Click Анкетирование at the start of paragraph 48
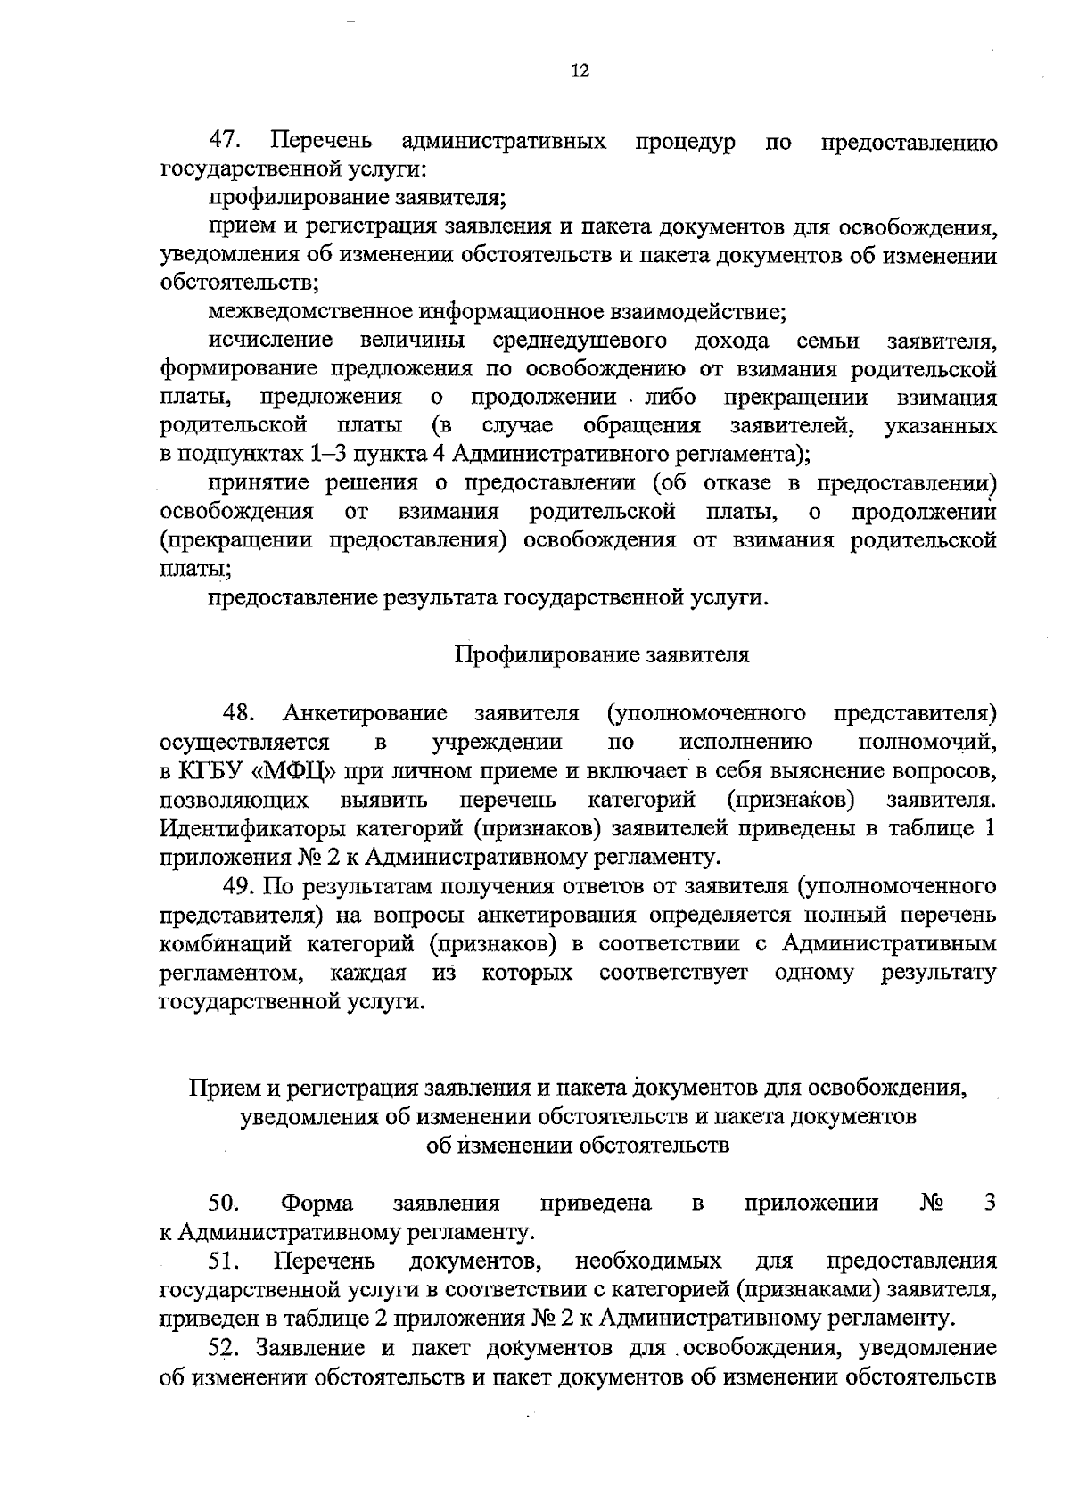365,713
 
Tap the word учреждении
497,742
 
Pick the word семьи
827,341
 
